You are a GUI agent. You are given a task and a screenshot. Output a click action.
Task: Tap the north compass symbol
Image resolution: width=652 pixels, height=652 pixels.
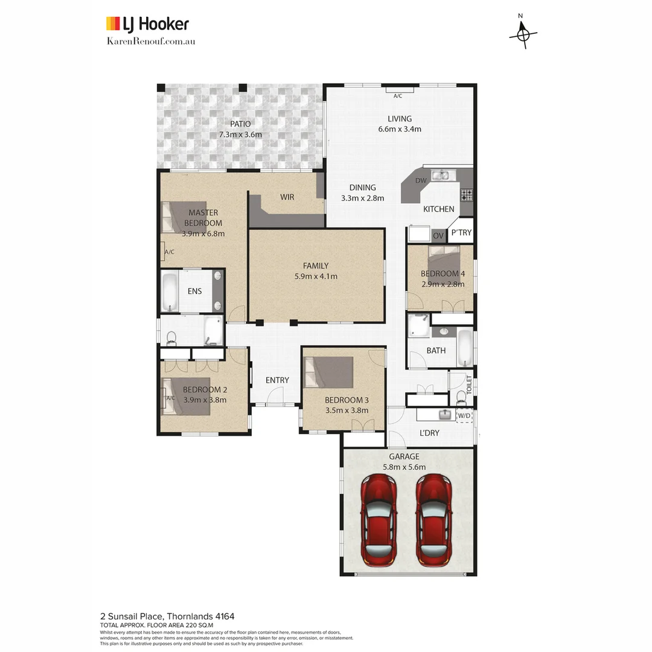pyautogui.click(x=523, y=34)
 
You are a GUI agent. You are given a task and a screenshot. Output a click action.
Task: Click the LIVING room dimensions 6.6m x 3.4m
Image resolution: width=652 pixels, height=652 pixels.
pyautogui.click(x=399, y=129)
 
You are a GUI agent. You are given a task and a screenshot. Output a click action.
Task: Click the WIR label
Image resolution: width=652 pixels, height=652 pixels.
pyautogui.click(x=287, y=197)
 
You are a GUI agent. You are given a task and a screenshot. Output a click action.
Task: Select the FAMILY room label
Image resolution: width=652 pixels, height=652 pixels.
pyautogui.click(x=316, y=266)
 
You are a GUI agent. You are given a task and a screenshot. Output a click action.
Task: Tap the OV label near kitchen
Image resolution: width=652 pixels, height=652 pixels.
pyautogui.click(x=438, y=235)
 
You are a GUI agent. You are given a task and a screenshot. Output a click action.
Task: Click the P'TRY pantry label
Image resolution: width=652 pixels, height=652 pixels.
pyautogui.click(x=461, y=232)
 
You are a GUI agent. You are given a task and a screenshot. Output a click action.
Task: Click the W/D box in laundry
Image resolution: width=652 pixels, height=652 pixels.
pyautogui.click(x=464, y=415)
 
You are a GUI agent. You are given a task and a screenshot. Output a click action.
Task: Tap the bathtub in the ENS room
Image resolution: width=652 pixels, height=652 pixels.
pyautogui.click(x=170, y=292)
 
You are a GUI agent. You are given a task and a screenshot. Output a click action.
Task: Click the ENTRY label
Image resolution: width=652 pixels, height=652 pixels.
pyautogui.click(x=277, y=380)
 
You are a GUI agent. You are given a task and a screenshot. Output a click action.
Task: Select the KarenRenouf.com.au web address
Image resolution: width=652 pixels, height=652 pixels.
pyautogui.click(x=150, y=41)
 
